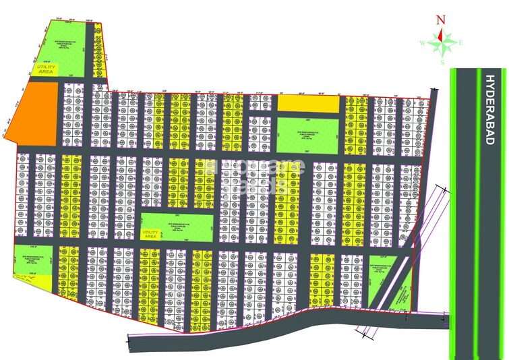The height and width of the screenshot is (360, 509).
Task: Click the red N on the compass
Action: click(x=440, y=20)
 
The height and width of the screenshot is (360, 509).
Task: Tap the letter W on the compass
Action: click(x=422, y=43)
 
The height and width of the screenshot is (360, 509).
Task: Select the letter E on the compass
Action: click(x=461, y=43)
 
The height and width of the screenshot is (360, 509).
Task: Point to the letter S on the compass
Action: click(x=442, y=63)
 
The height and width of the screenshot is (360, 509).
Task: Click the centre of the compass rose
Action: click(x=442, y=43)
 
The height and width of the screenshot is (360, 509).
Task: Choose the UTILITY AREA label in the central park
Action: click(x=149, y=234)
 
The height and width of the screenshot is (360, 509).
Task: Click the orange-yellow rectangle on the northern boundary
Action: click(x=308, y=103)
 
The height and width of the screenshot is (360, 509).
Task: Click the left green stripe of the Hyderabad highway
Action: click(x=455, y=202)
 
